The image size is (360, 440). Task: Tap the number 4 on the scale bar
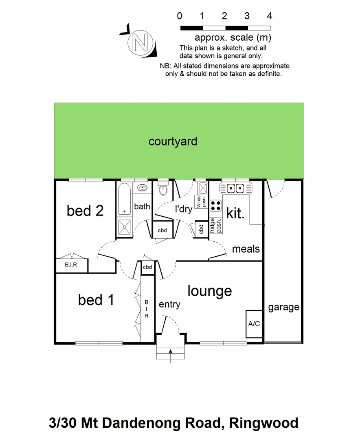269,16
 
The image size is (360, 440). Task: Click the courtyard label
173,141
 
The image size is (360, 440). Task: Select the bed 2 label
85,211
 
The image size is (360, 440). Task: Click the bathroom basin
143,188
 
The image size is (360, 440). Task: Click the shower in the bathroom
125,227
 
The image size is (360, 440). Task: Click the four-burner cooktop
216,205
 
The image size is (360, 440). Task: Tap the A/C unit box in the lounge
254,324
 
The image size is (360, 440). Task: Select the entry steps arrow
171,352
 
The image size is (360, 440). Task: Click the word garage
283,307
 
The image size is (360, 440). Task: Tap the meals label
246,249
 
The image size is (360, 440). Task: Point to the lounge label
210,291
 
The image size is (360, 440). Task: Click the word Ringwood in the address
264,423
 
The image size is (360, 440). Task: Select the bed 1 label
96,300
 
